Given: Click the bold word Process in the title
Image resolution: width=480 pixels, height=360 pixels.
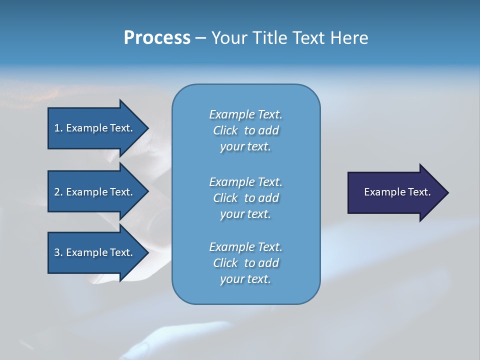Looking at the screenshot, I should (x=157, y=37).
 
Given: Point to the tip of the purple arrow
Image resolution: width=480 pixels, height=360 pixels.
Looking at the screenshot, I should (x=446, y=192).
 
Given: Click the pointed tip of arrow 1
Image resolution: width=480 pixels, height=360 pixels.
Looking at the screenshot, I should (x=146, y=128).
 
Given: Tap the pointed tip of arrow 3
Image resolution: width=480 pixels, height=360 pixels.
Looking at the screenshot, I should (x=146, y=252).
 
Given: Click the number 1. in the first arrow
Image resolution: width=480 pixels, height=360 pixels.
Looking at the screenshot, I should (x=58, y=128).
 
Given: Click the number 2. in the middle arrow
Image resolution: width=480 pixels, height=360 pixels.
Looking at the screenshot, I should (x=58, y=192).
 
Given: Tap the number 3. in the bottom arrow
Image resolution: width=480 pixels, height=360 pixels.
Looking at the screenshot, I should (x=58, y=252).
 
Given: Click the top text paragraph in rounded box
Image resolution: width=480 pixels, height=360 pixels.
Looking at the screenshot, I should (x=245, y=130).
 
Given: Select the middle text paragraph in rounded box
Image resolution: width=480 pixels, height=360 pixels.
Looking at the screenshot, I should (x=245, y=197).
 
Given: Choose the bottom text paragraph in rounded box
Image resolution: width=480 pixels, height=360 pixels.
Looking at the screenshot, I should (x=245, y=263).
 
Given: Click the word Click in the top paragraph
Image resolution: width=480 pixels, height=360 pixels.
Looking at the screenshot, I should (x=225, y=130).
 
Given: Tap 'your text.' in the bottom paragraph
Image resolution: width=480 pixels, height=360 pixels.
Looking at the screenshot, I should (x=245, y=279).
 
